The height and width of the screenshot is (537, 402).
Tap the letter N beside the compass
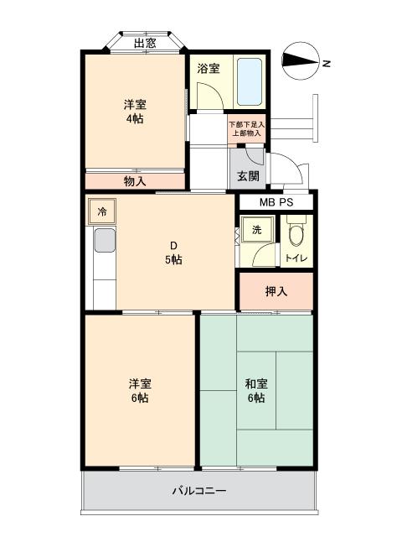click(327, 63)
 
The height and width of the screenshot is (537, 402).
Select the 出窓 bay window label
click(145, 43)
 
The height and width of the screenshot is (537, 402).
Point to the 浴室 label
click(209, 69)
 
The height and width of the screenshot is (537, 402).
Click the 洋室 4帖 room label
click(134, 112)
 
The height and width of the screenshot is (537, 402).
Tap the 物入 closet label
click(135, 180)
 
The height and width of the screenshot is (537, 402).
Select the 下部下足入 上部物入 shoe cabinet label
click(246, 128)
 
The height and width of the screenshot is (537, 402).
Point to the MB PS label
click(275, 202)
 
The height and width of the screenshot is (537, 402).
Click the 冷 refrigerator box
click(101, 211)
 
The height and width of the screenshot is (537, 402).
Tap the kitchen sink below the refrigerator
click(104, 241)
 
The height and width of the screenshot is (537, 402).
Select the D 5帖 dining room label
click(173, 253)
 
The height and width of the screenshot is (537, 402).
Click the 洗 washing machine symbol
click(256, 229)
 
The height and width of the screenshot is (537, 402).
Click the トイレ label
click(296, 258)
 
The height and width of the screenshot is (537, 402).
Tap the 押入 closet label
click(276, 292)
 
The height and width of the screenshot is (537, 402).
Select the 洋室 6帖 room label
click(139, 390)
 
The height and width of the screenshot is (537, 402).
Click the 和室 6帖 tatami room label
click(255, 390)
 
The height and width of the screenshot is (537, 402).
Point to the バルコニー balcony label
click(199, 491)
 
